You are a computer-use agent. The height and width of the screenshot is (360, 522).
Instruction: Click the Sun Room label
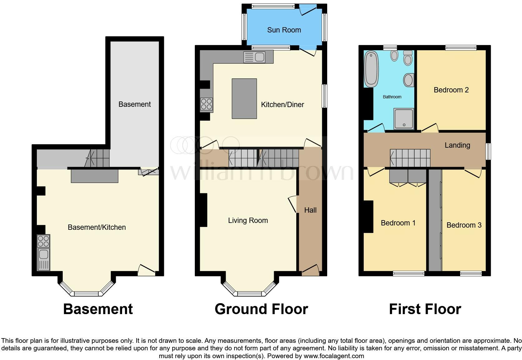point(284,30)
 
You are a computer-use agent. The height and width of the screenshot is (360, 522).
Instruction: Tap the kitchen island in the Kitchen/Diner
point(244,99)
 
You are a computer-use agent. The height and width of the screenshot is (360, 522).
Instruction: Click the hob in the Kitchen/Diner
point(206,104)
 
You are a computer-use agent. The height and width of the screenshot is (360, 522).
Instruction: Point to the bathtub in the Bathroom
point(371,69)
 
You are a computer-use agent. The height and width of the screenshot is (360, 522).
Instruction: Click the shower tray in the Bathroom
point(404,119)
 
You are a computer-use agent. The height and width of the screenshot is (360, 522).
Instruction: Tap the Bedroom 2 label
point(451,90)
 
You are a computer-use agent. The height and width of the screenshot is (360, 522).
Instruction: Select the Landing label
point(457,145)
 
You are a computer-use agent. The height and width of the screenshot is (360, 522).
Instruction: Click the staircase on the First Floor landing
point(410,158)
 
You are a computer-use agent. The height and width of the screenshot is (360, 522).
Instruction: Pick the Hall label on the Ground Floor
point(310,210)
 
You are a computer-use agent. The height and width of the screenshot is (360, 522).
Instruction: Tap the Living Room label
point(248,220)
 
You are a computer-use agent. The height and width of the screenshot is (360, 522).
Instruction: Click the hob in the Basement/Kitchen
point(43,241)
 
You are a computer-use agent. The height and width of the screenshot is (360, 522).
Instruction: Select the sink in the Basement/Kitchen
point(43,259)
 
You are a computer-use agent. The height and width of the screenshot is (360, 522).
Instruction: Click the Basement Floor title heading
point(98,309)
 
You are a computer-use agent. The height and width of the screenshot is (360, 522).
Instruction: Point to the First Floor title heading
point(425,309)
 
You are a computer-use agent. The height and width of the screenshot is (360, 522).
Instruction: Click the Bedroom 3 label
point(464,225)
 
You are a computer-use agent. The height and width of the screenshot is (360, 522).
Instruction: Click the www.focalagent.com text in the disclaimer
point(333,356)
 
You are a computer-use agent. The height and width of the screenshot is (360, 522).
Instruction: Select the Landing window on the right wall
point(489,151)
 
